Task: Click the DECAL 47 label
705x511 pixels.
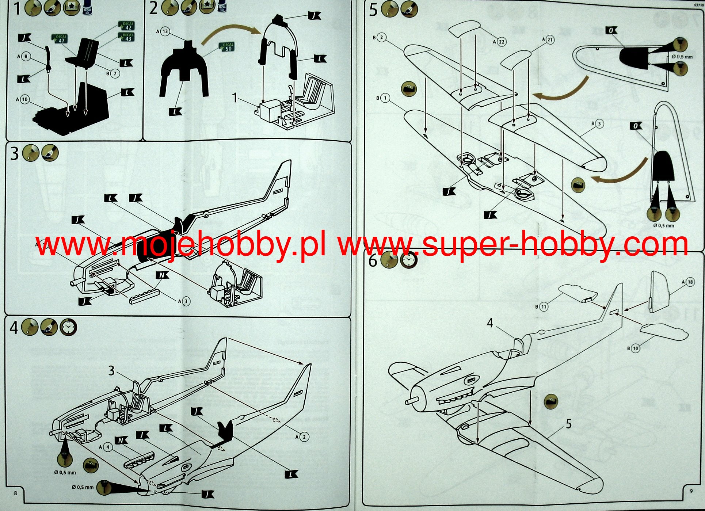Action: click(x=60, y=38)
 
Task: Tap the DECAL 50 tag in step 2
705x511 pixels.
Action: click(x=227, y=47)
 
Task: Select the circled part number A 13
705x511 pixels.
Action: click(x=165, y=31)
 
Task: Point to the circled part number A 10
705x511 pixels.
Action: click(x=24, y=99)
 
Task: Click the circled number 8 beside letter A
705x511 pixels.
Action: click(x=26, y=57)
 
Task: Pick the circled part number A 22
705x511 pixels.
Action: click(x=502, y=42)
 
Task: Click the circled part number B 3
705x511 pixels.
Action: click(x=599, y=124)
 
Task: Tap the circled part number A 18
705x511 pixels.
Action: click(x=690, y=282)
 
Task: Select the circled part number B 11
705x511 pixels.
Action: click(x=544, y=307)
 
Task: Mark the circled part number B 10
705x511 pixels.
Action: click(x=636, y=348)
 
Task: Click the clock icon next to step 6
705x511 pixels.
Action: click(x=409, y=260)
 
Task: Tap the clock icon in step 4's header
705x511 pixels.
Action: click(x=68, y=327)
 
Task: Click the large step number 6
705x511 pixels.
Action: click(x=373, y=261)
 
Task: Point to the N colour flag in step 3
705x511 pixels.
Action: click(x=162, y=275)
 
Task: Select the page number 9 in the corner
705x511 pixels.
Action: click(x=691, y=491)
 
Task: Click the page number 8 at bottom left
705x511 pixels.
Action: click(x=15, y=493)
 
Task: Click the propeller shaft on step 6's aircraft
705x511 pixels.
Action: click(x=410, y=401)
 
